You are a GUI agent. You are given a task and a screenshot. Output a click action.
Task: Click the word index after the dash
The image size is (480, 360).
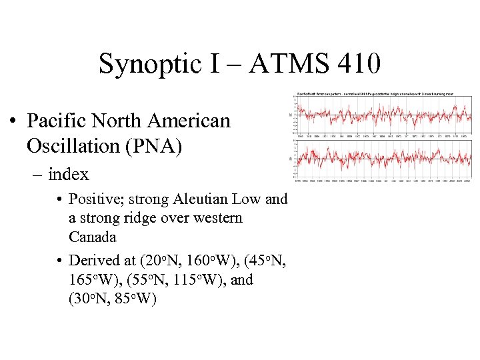[x=69, y=175]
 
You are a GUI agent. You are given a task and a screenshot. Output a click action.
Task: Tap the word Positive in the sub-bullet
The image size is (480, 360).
[x=97, y=199]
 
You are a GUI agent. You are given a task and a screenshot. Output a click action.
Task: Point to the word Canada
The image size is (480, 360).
[x=93, y=237]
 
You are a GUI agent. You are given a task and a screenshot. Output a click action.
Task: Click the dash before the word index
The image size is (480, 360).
[x=35, y=175]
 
